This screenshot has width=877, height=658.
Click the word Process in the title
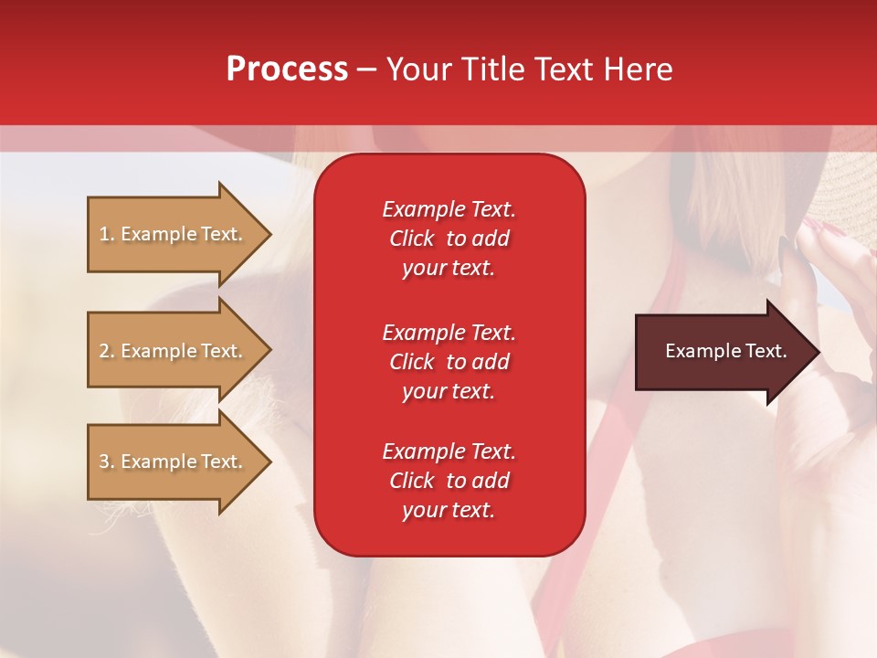287,69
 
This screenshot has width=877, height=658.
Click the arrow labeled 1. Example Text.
174,234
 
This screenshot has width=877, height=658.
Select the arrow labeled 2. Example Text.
174,351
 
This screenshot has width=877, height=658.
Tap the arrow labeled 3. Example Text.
174,462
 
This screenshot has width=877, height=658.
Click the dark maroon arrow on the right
722,352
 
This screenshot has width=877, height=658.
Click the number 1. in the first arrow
107,234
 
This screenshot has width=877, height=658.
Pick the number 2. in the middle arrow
107,351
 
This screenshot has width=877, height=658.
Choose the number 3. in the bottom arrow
107,462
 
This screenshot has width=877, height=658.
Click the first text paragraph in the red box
449,239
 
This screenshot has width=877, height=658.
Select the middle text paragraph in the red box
449,362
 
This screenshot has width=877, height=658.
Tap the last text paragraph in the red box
449,481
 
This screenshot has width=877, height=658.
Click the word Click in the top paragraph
411,239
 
